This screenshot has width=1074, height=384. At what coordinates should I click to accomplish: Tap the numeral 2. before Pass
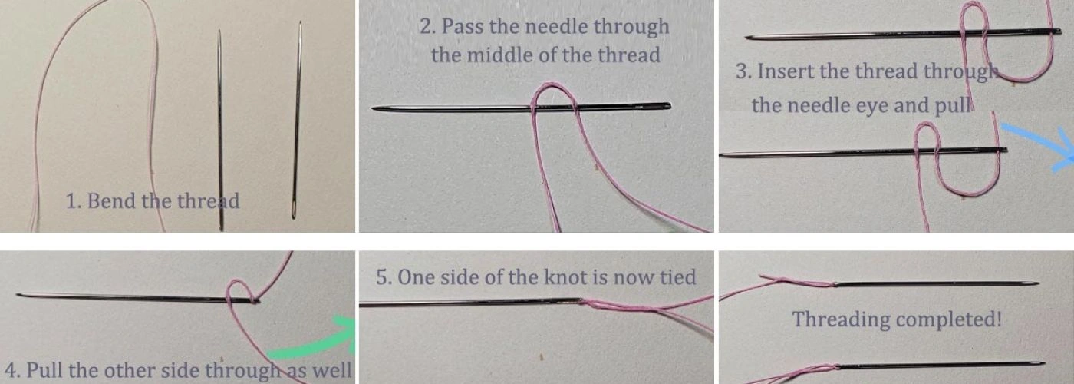pyautogui.click(x=428, y=27)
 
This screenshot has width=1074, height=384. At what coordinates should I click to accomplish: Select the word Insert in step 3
pyautogui.click(x=783, y=71)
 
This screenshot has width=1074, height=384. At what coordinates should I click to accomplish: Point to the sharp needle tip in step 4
pyautogui.click(x=18, y=294)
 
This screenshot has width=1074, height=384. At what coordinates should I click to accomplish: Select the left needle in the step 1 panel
pyautogui.click(x=220, y=131)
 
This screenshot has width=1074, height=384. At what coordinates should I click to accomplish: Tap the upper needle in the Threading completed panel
pyautogui.click(x=936, y=284)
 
